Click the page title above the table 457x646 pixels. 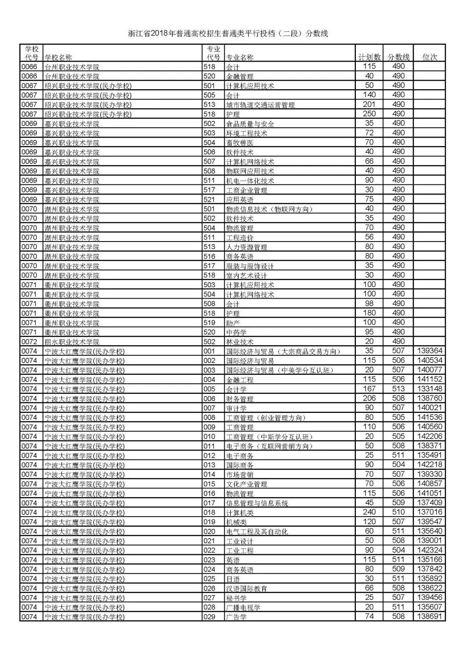(x=228, y=34)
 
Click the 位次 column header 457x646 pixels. (x=429, y=57)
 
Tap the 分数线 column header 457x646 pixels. (x=398, y=57)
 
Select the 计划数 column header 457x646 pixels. (x=369, y=57)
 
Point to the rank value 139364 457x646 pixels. (x=429, y=351)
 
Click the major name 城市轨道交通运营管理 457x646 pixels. (x=260, y=104)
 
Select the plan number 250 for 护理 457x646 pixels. (x=369, y=114)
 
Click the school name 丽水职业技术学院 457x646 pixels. (x=72, y=342)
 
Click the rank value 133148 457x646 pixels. (x=429, y=389)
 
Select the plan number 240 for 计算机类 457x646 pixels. (x=369, y=512)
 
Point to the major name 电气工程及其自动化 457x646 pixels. (x=257, y=531)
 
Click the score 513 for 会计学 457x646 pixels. (x=398, y=389)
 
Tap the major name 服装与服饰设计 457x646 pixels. (x=250, y=266)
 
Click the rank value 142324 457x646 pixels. (x=429, y=550)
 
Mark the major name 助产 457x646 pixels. (x=233, y=323)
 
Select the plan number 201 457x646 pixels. (x=369, y=104)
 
